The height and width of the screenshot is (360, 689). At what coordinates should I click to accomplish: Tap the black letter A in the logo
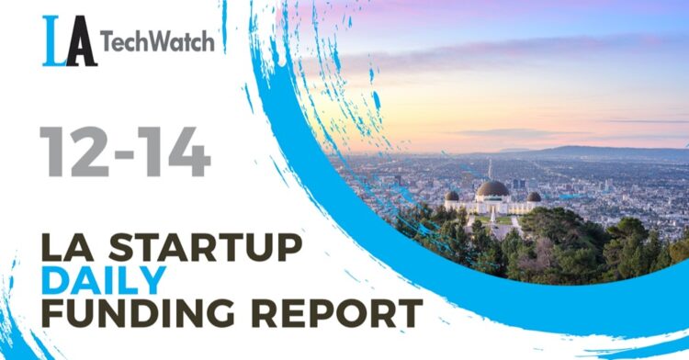pyautogui.click(x=81, y=43)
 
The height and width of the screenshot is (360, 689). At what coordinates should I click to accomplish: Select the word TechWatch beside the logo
pyautogui.click(x=157, y=41)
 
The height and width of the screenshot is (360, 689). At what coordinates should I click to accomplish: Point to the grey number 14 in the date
pyautogui.click(x=175, y=153)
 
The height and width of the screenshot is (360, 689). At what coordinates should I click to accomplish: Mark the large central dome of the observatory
pyautogui.click(x=492, y=189)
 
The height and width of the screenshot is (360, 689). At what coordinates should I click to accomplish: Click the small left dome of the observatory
pyautogui.click(x=451, y=196)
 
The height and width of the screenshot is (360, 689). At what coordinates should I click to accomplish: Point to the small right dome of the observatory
pyautogui.click(x=534, y=197)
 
